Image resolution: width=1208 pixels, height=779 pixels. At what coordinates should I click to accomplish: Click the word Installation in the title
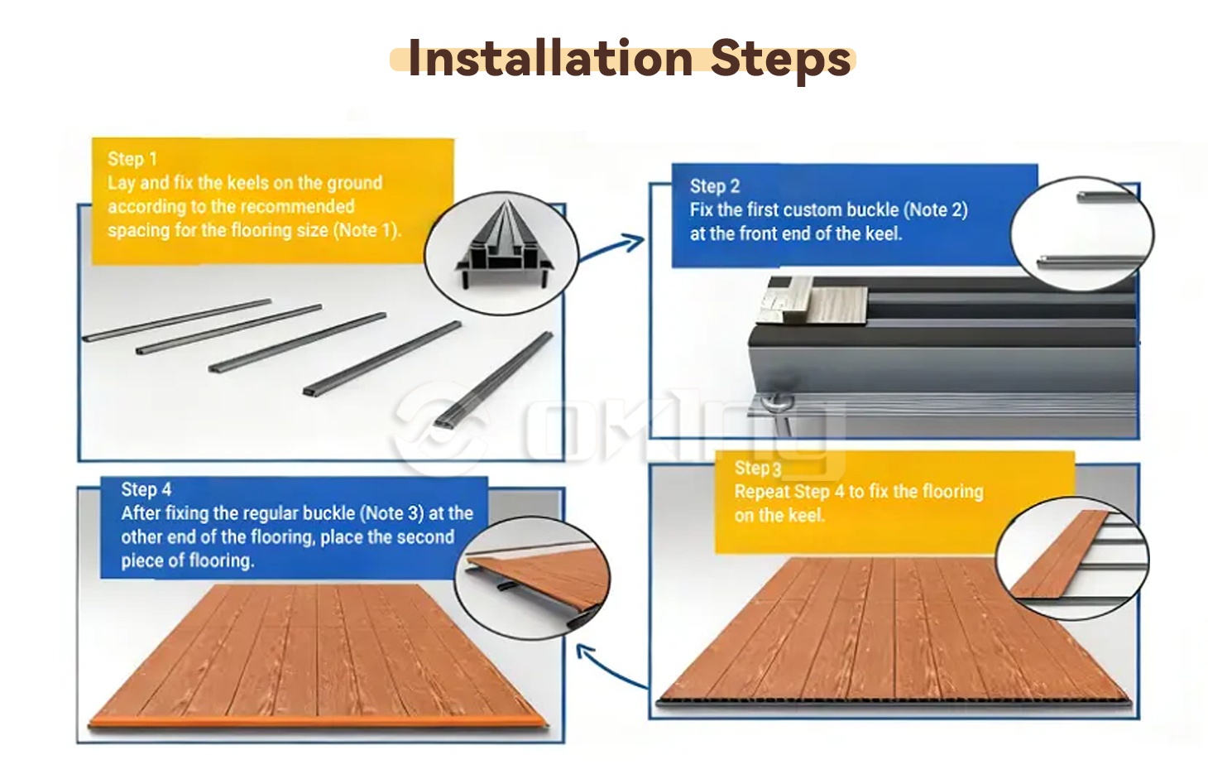coord(550,58)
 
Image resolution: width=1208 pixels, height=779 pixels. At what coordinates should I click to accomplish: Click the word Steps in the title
coord(781,60)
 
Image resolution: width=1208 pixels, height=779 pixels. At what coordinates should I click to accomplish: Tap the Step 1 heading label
coord(132,159)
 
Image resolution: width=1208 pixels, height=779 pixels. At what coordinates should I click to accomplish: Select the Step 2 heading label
coord(715,186)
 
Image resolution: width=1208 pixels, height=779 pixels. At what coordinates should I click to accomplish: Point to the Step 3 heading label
coord(758,468)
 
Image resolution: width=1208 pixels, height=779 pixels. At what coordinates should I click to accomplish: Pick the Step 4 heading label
coord(146,489)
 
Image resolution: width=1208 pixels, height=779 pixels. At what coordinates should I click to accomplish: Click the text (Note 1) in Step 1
coord(367,230)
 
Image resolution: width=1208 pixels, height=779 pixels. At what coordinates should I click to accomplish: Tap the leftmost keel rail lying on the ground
coord(177,320)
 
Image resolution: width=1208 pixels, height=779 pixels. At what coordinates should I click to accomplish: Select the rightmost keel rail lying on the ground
coord(493,379)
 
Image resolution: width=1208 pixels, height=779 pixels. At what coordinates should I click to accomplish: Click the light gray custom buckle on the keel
coord(814,303)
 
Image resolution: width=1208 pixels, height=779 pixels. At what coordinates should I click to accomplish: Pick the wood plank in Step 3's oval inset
coord(1060,555)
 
